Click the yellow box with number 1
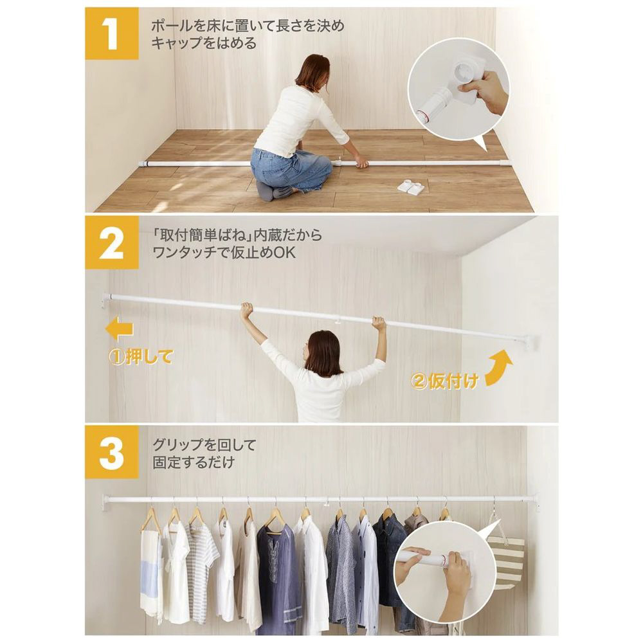[111, 33]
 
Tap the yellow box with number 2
[111, 242]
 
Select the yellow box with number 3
[111, 452]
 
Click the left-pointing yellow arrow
[120, 329]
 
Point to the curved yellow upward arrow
[500, 368]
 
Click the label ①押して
[141, 357]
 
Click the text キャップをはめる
[204, 42]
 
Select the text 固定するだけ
[194, 462]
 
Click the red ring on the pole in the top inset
[422, 116]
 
